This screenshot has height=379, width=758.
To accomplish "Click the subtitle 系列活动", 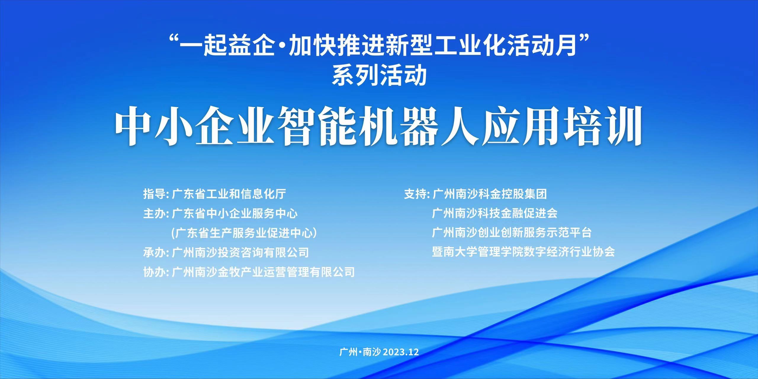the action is [x=379, y=76].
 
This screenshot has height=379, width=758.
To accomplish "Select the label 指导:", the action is [x=156, y=194].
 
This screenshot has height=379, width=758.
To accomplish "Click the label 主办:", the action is [x=156, y=213].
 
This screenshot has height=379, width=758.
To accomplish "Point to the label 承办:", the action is [x=156, y=252].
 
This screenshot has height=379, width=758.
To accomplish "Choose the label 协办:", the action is [x=156, y=272].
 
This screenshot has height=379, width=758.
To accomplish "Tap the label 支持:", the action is [x=417, y=194].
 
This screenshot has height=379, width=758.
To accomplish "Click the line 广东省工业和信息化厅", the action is [x=229, y=194].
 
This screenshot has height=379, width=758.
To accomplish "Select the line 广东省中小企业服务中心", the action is [x=235, y=213].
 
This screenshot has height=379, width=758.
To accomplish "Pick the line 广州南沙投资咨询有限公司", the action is [x=240, y=252].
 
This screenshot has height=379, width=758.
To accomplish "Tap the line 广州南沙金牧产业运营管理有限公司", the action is [x=263, y=272].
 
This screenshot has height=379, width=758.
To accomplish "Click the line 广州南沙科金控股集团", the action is [x=490, y=194].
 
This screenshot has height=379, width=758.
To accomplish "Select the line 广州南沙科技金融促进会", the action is [x=495, y=213].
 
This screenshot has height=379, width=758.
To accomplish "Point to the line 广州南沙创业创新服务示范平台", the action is [x=512, y=233].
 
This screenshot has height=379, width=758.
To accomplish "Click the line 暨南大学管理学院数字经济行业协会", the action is [x=523, y=252].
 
